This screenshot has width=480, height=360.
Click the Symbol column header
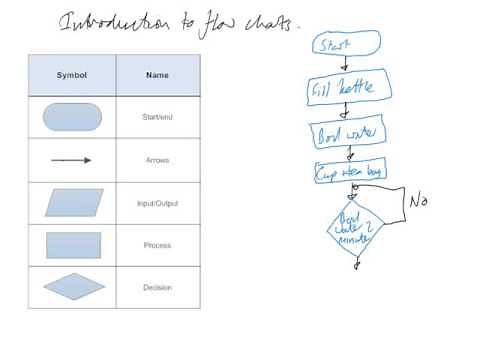(72, 74)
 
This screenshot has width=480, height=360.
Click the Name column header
(157, 74)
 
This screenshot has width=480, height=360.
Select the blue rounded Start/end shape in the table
(72, 117)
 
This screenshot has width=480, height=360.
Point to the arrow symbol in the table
(71, 160)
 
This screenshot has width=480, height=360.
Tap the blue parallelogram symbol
(73, 202)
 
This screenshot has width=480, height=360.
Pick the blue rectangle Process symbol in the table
(72, 245)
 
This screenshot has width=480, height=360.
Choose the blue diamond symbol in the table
(73, 288)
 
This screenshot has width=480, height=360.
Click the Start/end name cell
(157, 118)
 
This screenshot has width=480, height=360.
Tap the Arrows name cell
(157, 160)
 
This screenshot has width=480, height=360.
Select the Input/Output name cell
(157, 203)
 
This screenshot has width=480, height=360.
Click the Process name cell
(157, 245)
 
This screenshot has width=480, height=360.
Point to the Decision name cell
(157, 288)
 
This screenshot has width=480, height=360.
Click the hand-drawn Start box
(346, 43)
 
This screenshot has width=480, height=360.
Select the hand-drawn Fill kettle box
(343, 89)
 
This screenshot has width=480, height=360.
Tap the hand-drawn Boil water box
(343, 133)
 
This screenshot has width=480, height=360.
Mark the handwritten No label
(419, 201)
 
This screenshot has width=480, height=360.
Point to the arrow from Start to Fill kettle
(346, 65)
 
